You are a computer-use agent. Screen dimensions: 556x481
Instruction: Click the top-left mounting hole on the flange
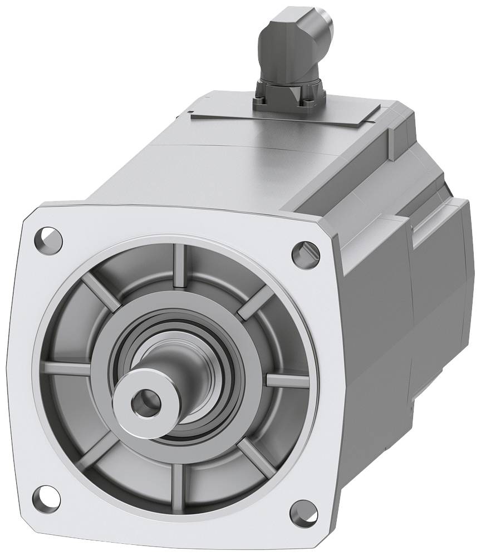49,237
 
